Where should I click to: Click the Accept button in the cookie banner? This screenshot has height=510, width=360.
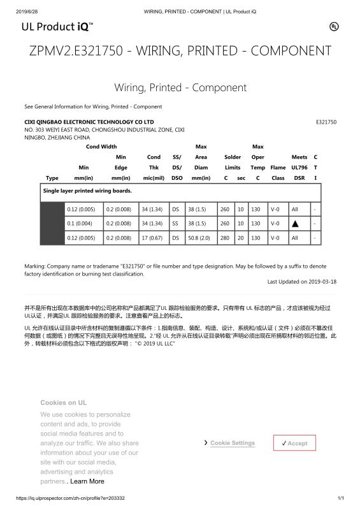tap(294, 443)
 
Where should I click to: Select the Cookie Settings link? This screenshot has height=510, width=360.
tap(232, 443)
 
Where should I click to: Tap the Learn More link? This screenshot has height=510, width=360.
tap(87, 481)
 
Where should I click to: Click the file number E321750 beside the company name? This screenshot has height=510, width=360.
tap(326, 121)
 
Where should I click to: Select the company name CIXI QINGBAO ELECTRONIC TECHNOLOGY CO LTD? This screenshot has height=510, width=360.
tap(89, 121)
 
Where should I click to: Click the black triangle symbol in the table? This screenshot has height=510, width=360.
tap(294, 224)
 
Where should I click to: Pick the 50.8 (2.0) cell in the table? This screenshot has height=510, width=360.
tap(201, 238)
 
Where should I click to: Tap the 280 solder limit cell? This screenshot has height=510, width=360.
tap(224, 238)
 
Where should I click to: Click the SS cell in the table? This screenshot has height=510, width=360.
tap(176, 224)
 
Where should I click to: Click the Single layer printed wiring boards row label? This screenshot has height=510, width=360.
tap(87, 191)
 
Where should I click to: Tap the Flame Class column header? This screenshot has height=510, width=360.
tap(278, 172)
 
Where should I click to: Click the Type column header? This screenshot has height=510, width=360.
tap(52, 178)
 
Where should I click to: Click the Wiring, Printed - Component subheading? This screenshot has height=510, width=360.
tap(180, 87)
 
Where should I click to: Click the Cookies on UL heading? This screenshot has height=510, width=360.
tap(63, 403)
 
